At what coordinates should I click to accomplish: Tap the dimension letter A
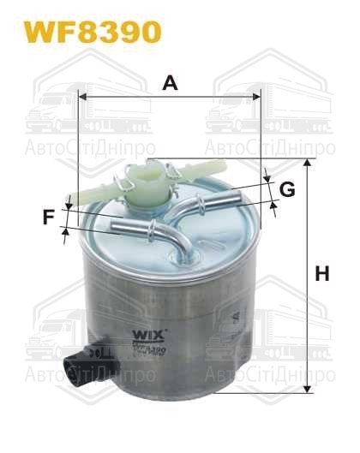[170, 83]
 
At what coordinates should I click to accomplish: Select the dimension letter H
[322, 275]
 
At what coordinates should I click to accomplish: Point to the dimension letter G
[286, 189]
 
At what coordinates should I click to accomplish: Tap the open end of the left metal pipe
[117, 224]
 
